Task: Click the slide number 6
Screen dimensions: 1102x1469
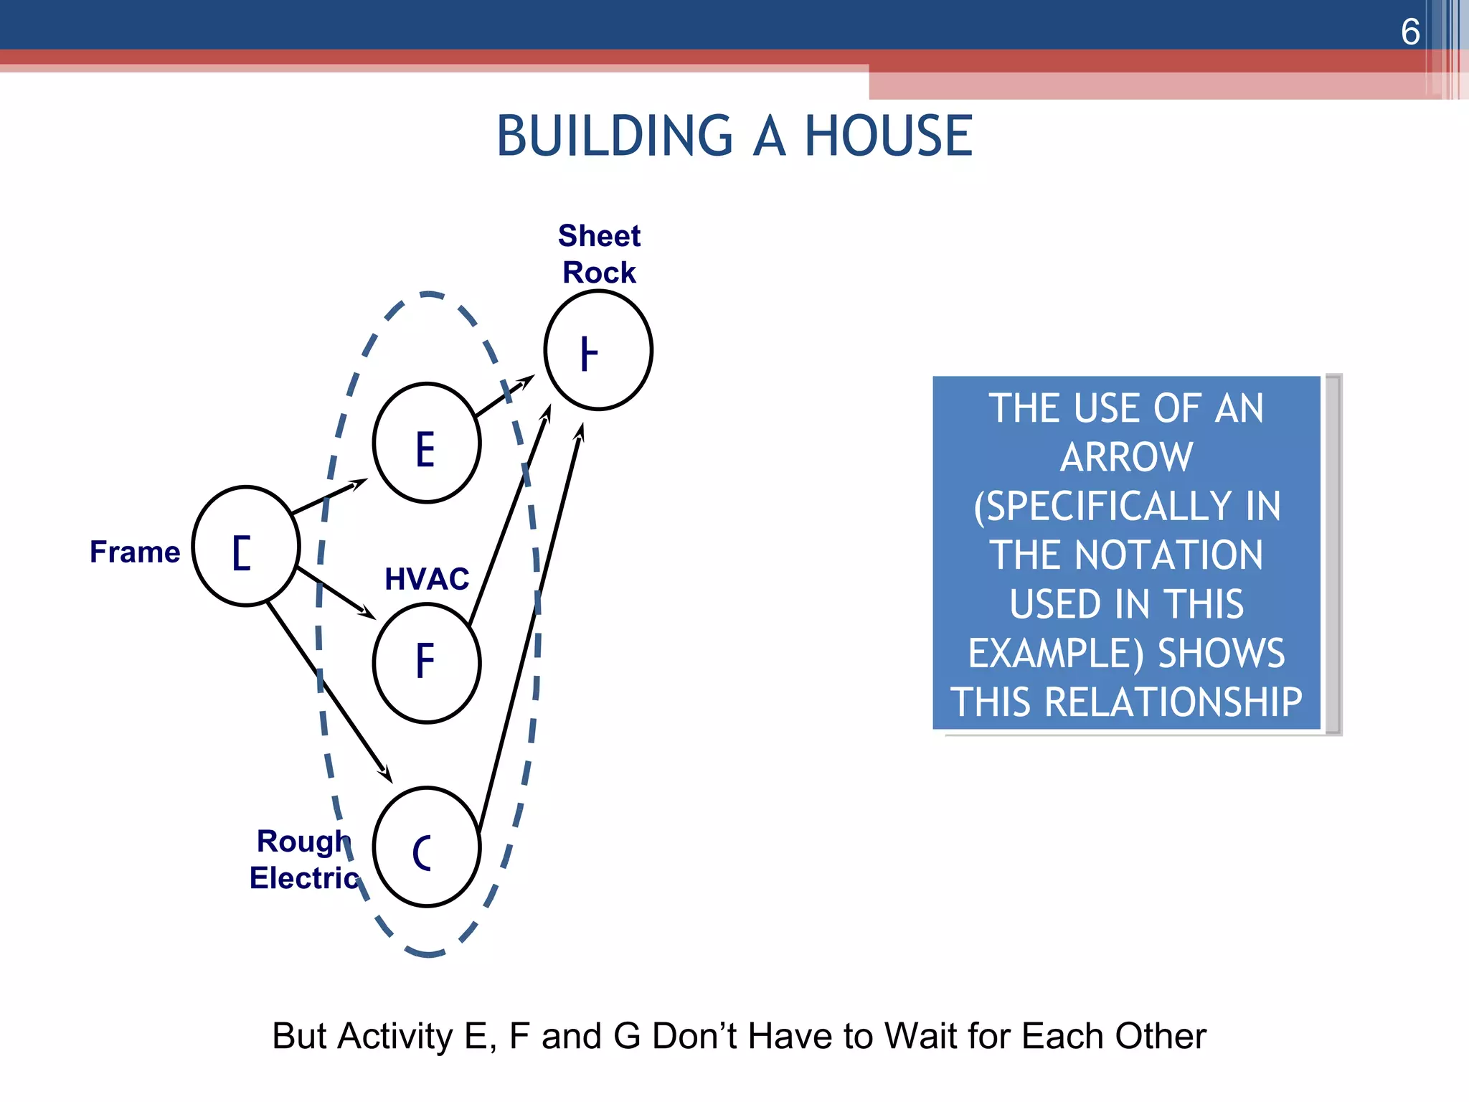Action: click(x=1409, y=32)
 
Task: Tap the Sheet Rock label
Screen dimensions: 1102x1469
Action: click(x=599, y=254)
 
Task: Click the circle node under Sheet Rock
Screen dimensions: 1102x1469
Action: click(x=598, y=350)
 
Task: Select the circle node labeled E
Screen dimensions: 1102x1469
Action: click(x=427, y=443)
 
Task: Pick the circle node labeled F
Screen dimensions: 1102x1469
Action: click(x=427, y=662)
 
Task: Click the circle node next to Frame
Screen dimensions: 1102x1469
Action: click(x=246, y=546)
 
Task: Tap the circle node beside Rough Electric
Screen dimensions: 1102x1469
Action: click(x=427, y=847)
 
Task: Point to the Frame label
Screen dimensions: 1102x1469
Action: click(x=135, y=552)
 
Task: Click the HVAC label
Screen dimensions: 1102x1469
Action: click(x=427, y=579)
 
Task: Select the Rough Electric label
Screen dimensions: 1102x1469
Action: click(x=304, y=860)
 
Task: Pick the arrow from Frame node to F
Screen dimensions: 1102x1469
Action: click(x=336, y=593)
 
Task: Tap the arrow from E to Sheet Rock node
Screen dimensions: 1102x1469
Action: click(x=504, y=397)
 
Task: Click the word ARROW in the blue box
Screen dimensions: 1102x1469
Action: click(x=1126, y=457)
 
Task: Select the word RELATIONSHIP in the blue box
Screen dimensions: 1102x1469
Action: click(x=1173, y=702)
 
